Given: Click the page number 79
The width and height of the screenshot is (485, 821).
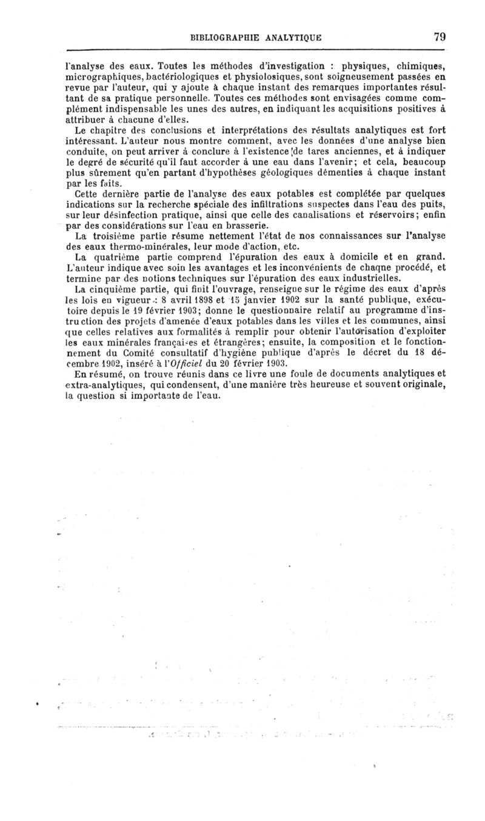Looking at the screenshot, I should coord(440,36).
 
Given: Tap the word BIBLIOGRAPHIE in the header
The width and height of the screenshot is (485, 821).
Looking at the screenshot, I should coord(221,36).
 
